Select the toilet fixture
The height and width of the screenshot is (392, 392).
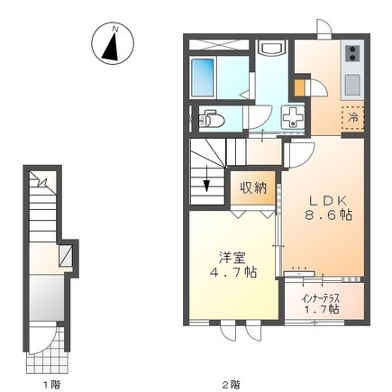213,117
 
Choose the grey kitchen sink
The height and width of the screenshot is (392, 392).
351,86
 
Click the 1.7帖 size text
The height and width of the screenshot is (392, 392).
322,308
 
